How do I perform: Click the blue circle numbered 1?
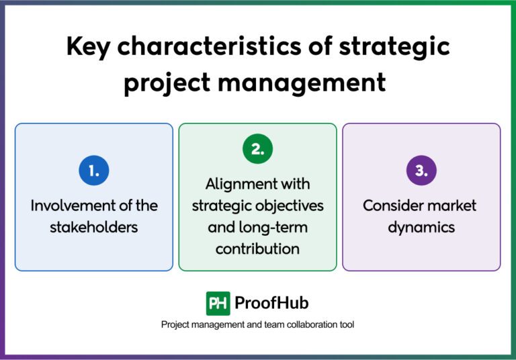[93, 171]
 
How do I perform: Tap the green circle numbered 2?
[257, 150]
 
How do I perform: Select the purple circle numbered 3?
[421, 171]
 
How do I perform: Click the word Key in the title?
[89, 48]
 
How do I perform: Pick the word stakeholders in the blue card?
[93, 227]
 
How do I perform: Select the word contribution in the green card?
[257, 249]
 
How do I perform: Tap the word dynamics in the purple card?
[421, 227]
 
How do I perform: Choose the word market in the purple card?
[454, 206]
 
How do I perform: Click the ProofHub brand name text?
[271, 303]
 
